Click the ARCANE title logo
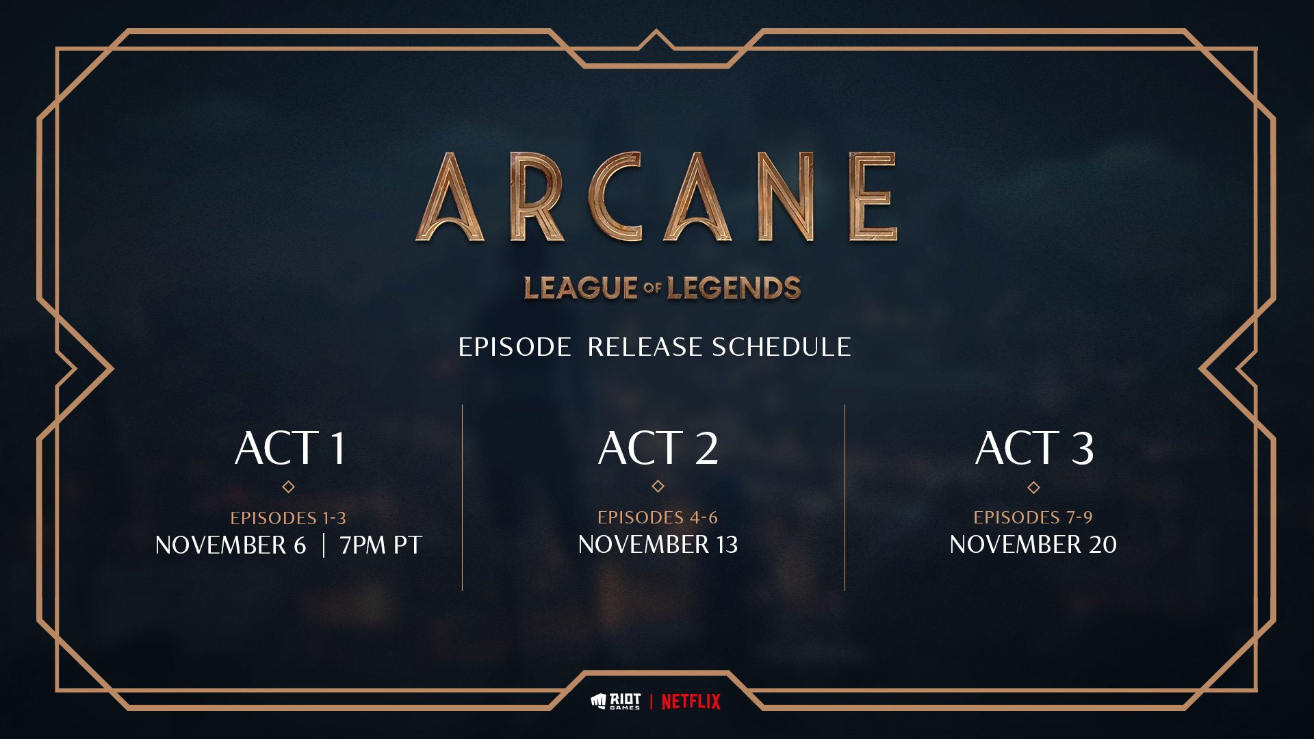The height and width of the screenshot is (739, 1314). (656, 197)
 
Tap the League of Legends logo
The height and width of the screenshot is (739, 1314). (662, 288)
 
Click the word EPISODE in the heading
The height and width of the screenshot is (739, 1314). (514, 348)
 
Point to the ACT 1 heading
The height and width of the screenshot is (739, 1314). (290, 448)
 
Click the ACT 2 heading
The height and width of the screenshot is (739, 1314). (658, 448)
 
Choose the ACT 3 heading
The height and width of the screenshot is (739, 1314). (1034, 448)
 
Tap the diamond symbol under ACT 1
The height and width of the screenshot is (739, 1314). (289, 487)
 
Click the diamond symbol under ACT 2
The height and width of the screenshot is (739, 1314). (658, 487)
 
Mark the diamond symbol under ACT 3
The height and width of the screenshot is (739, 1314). (1033, 488)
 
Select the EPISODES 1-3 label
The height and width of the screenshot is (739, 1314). (288, 518)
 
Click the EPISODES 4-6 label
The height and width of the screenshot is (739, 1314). (658, 517)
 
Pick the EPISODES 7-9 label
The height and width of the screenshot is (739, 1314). (1033, 517)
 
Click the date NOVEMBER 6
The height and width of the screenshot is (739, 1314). (231, 545)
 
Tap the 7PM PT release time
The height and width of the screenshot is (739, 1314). (381, 545)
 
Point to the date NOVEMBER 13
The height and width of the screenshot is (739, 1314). (658, 545)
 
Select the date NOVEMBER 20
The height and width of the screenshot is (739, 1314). (1033, 545)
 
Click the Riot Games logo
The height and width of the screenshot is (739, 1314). (615, 701)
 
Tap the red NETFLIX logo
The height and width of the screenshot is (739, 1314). (691, 701)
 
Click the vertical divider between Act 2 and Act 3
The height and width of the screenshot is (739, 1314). (845, 497)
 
